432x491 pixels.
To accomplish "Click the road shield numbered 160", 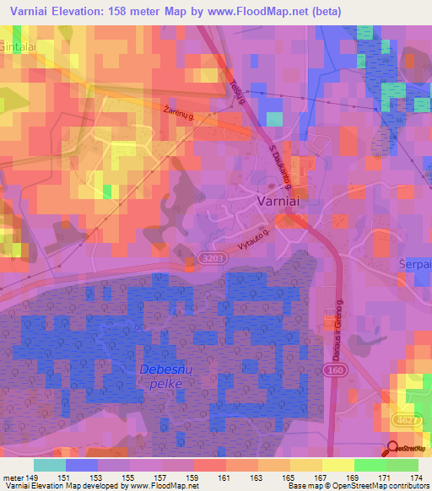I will [333, 370].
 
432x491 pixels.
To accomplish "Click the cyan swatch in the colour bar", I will [50, 465].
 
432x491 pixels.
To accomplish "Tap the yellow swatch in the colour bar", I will [337, 465].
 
